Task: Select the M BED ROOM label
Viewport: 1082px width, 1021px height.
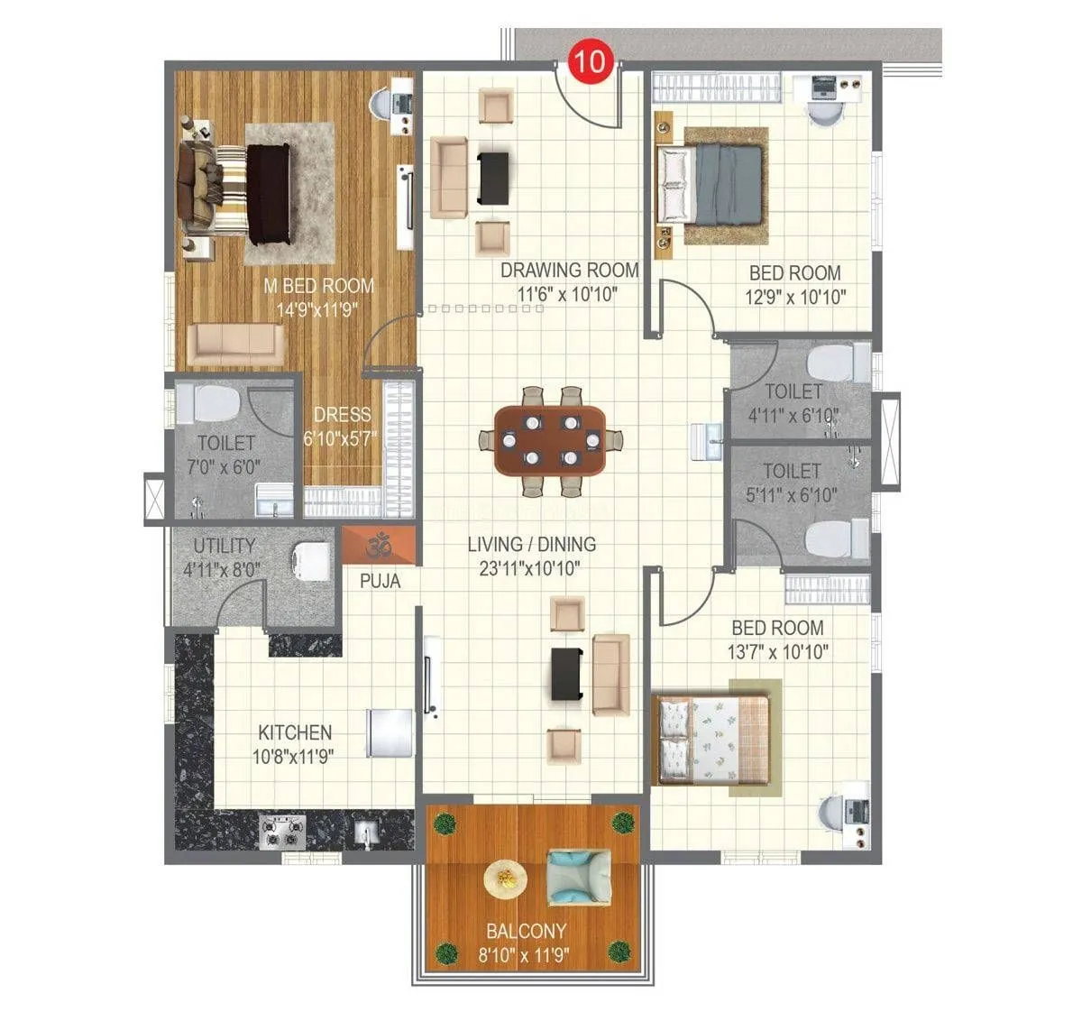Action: (x=318, y=286)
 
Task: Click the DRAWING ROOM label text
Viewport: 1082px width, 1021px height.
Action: (x=570, y=270)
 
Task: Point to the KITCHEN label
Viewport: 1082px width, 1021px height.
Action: (x=295, y=732)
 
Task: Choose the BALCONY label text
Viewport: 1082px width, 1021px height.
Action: (x=527, y=931)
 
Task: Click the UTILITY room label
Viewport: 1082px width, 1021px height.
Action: (x=225, y=546)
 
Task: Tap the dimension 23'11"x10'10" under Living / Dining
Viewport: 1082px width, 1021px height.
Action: (x=531, y=567)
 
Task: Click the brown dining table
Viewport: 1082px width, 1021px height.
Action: (x=550, y=441)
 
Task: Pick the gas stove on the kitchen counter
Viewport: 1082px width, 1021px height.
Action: (x=282, y=831)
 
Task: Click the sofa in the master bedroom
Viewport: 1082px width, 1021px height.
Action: (x=235, y=345)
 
